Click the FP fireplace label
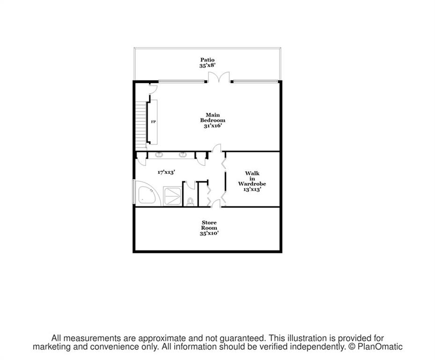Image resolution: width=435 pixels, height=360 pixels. (x=153, y=122)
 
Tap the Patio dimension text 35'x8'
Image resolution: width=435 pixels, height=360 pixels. (x=207, y=66)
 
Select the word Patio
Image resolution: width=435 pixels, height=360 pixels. (x=207, y=60)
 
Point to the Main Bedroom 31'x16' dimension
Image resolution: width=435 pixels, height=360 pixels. (x=213, y=126)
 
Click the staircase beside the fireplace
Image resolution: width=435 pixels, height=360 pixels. (x=140, y=125)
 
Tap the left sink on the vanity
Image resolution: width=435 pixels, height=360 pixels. (x=159, y=154)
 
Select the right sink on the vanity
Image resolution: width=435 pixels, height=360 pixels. (x=183, y=154)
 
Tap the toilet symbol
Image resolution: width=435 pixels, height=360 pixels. (x=190, y=202)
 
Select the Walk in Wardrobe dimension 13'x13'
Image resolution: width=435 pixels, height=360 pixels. (x=252, y=189)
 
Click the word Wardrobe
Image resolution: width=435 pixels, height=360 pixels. (x=252, y=184)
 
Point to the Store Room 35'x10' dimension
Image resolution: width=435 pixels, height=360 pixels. (x=209, y=233)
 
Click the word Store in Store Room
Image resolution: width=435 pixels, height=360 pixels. (x=209, y=222)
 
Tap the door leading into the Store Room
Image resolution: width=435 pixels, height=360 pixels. (x=216, y=204)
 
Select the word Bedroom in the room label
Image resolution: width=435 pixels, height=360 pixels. (x=213, y=120)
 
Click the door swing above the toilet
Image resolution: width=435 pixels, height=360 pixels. (x=190, y=185)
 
